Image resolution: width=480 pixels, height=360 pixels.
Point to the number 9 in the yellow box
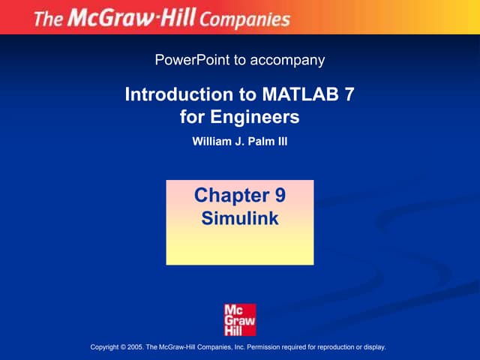279,196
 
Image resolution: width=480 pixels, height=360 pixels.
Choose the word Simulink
240,219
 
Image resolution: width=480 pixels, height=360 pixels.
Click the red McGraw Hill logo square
240,320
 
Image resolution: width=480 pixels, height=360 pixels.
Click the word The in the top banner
49,18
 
